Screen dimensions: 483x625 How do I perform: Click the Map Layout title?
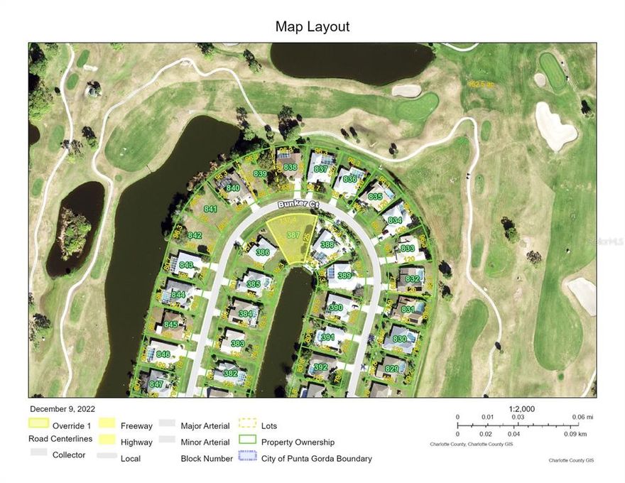[x=312, y=27]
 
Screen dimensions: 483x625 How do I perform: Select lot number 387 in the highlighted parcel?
[x=293, y=234]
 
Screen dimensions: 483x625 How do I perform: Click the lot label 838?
[x=290, y=167]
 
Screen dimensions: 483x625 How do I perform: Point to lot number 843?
[x=186, y=265]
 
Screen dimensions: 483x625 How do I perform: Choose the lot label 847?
[x=156, y=384]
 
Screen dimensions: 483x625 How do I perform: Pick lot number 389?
[x=344, y=276]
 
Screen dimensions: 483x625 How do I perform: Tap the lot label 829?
[x=391, y=369]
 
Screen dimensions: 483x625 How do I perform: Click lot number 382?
[x=229, y=373]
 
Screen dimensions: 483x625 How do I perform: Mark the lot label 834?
[x=396, y=221]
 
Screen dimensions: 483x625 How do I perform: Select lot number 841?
[x=210, y=210]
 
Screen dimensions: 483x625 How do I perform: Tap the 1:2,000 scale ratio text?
[x=522, y=409]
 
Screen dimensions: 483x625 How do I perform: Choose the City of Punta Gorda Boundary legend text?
[x=317, y=459]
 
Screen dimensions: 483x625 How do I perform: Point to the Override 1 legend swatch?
[x=39, y=423]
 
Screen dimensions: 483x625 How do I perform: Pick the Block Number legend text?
[x=207, y=459]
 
